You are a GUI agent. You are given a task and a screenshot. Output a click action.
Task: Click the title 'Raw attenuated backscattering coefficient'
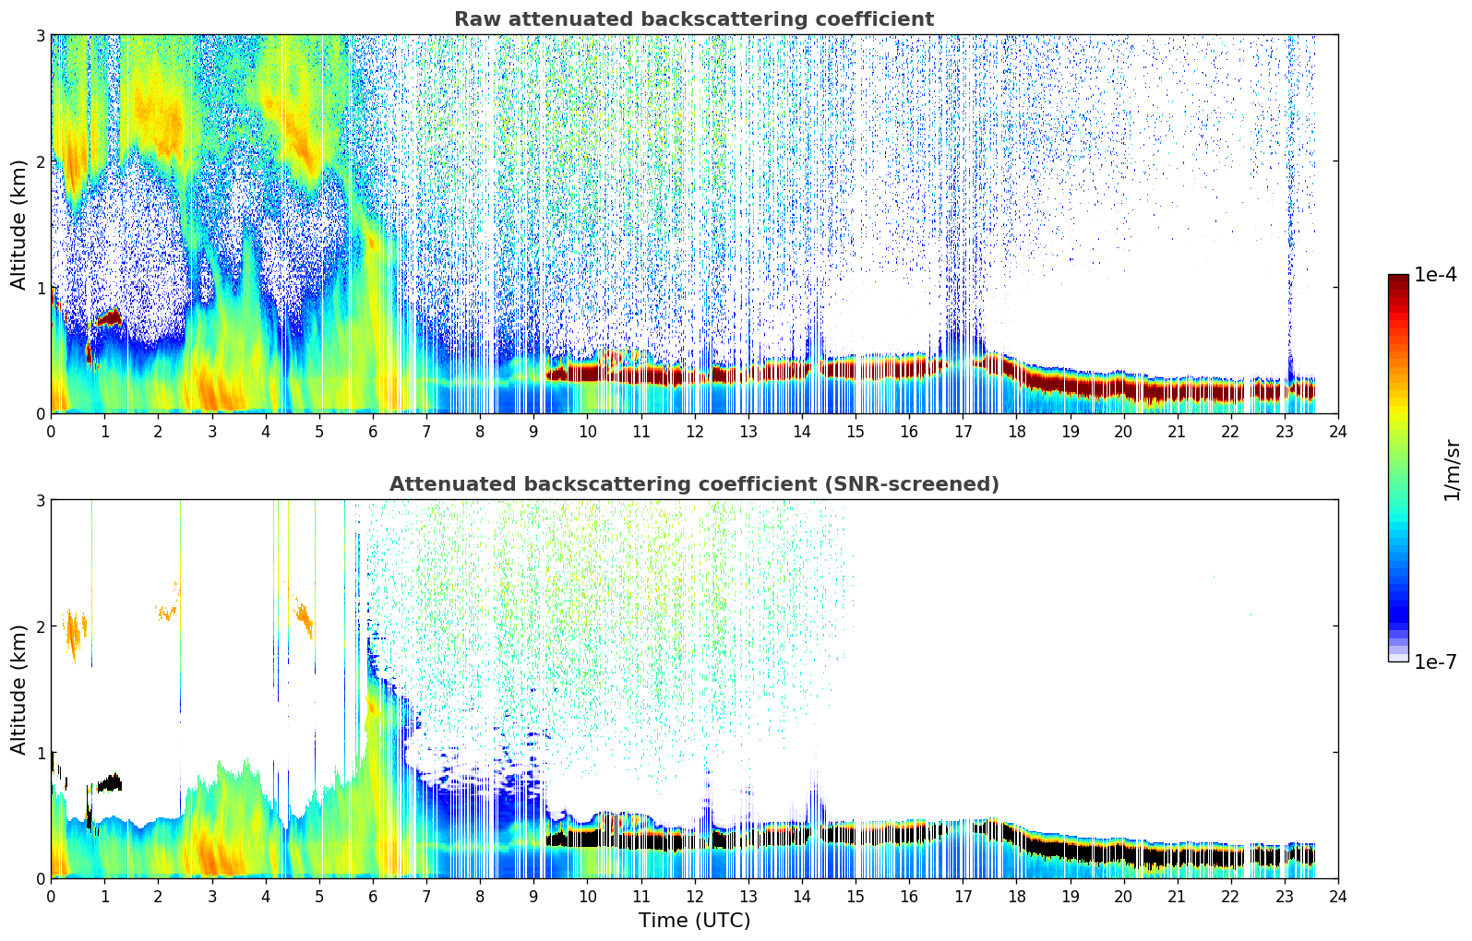pyautogui.click(x=693, y=19)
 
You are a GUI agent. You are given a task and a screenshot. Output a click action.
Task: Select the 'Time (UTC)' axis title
pyautogui.click(x=694, y=921)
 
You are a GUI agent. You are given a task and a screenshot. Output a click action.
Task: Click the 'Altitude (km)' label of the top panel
pyautogui.click(x=18, y=224)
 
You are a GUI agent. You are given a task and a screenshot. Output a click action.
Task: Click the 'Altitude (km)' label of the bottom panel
pyautogui.click(x=18, y=689)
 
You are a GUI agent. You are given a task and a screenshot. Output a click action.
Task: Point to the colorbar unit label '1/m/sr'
pyautogui.click(x=1452, y=469)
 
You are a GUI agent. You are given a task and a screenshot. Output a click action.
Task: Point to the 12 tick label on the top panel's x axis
pyautogui.click(x=694, y=431)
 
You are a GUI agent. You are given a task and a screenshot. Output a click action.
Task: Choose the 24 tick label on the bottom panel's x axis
pyautogui.click(x=1338, y=896)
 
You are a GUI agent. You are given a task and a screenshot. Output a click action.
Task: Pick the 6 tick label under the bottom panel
pyautogui.click(x=373, y=896)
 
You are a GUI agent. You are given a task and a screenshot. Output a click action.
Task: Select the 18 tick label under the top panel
pyautogui.click(x=1016, y=431)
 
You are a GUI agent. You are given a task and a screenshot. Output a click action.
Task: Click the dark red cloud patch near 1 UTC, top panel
pyautogui.click(x=109, y=318)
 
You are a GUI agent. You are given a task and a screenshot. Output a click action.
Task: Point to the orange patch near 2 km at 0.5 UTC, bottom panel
pyautogui.click(x=75, y=633)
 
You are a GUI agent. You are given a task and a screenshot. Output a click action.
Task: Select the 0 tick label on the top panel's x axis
pyautogui.click(x=51, y=431)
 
